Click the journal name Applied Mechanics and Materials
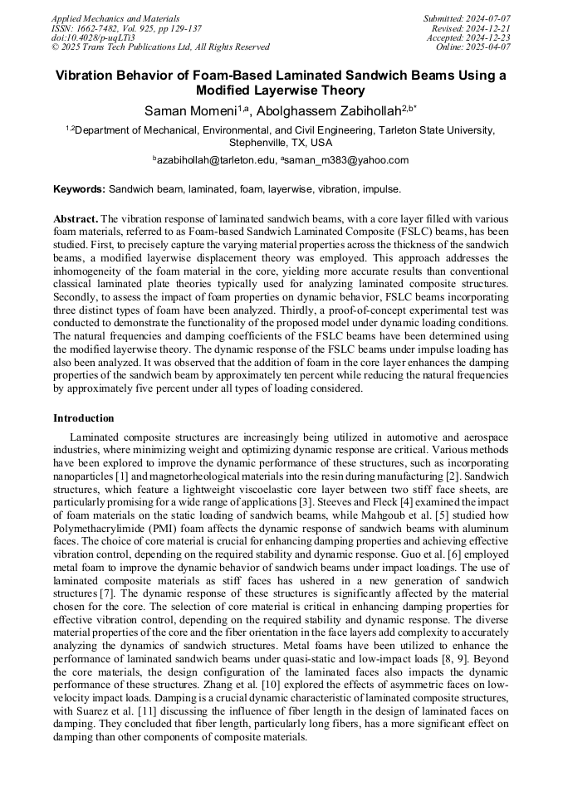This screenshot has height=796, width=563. pyautogui.click(x=115, y=18)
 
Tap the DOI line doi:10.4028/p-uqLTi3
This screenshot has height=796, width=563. pyautogui.click(x=94, y=37)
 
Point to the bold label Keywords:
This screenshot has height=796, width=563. pyautogui.click(x=80, y=189)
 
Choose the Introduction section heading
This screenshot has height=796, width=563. pyautogui.click(x=84, y=418)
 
